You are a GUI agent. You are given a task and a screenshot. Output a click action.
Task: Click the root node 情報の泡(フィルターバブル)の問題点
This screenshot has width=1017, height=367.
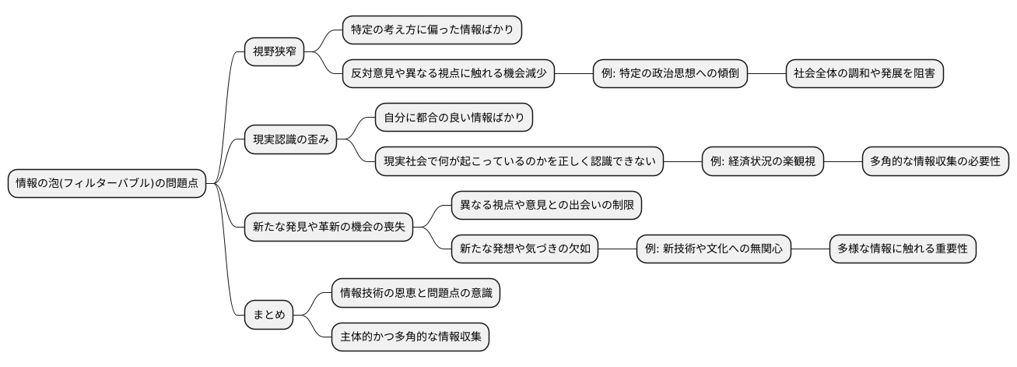(107, 184)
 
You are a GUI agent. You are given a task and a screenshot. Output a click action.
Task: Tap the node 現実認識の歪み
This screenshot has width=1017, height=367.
(291, 140)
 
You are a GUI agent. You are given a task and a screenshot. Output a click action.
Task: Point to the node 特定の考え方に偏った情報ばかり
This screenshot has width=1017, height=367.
(432, 30)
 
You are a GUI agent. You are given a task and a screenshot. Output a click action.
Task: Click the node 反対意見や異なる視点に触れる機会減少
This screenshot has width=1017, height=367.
(448, 74)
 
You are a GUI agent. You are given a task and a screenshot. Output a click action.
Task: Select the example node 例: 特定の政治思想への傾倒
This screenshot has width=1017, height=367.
(670, 74)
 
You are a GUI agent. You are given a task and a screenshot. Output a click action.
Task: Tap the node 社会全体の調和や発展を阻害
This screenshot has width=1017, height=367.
(864, 74)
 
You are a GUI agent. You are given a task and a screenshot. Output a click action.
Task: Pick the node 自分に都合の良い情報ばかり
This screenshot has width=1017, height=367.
(454, 118)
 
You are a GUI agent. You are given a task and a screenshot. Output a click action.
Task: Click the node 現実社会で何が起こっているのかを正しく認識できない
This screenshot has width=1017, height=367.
(519, 162)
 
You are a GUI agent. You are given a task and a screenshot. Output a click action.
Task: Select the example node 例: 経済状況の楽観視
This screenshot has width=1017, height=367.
(763, 162)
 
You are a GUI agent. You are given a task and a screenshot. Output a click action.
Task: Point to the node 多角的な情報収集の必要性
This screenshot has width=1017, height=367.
(936, 162)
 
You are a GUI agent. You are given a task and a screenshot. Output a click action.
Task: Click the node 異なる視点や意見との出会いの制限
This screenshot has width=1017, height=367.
(547, 206)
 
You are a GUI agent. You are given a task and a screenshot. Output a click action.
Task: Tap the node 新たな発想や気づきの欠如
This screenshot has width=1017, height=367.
(525, 249)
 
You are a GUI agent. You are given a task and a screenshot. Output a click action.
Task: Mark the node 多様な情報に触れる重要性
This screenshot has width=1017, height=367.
(903, 249)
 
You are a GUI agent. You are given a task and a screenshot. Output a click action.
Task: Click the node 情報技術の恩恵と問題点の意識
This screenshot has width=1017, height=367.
(416, 293)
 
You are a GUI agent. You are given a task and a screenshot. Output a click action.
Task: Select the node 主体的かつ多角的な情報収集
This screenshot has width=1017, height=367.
(410, 337)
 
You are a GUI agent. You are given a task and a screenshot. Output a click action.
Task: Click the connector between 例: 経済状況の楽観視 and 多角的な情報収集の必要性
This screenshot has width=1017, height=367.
(843, 162)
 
